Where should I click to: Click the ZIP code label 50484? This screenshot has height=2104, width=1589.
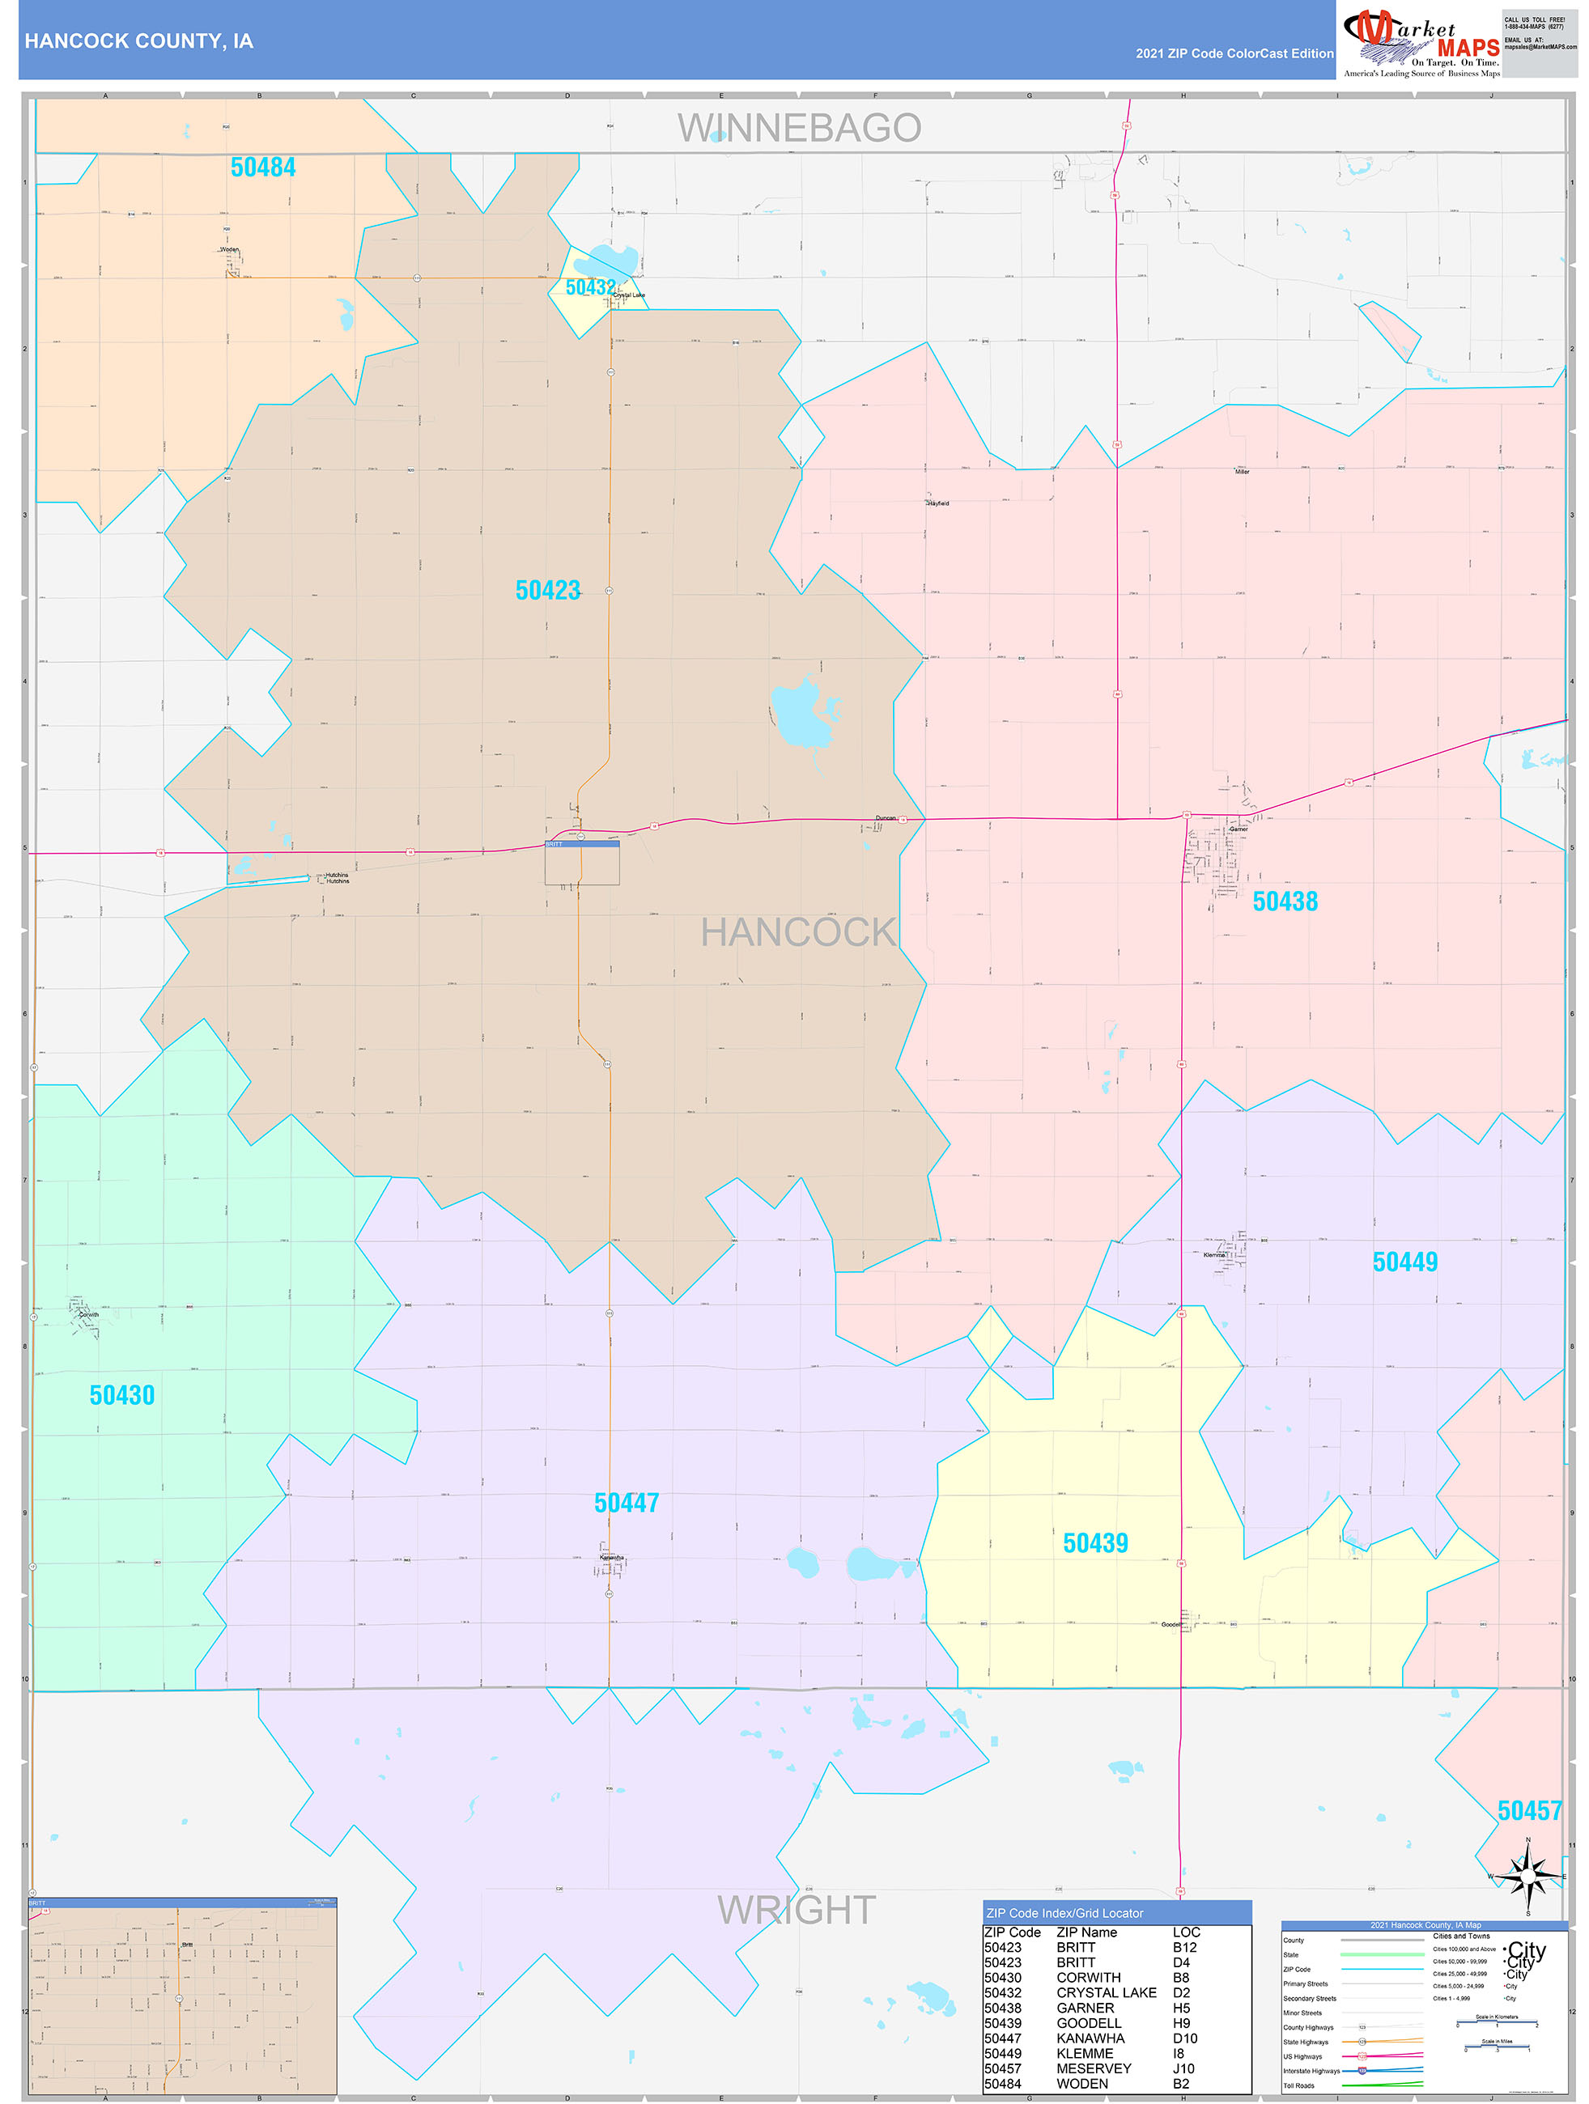point(262,168)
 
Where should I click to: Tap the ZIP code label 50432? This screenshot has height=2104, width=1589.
point(590,287)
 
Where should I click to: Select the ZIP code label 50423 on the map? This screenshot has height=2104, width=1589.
point(548,591)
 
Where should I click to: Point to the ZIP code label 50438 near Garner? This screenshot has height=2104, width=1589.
point(1285,901)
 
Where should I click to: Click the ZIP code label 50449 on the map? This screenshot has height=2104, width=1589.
point(1404,1262)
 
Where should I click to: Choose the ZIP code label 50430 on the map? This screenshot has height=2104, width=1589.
point(121,1395)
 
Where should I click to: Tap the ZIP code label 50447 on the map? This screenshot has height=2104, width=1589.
point(626,1503)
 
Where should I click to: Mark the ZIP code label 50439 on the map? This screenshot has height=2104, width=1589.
point(1095,1543)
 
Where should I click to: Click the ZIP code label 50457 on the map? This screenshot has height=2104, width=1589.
point(1529,1810)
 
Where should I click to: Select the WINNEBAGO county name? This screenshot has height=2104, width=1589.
point(799,129)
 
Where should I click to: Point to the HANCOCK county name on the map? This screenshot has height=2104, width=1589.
point(798,933)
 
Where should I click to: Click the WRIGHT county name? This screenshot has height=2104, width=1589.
point(797,1910)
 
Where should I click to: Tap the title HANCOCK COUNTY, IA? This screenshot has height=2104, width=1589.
point(139,41)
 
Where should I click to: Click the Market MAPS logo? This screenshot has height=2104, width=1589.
point(1421,42)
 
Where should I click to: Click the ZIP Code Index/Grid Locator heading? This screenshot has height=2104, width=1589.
point(1064,1913)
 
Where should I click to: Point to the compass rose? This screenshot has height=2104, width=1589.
point(1528,1877)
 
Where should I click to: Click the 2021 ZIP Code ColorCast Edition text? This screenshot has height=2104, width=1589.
point(1234,53)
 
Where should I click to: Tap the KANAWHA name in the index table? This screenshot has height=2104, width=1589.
point(1090,2038)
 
